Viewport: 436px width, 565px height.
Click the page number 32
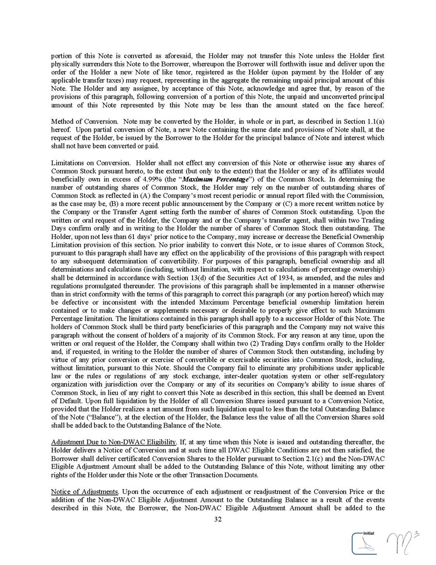218,519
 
